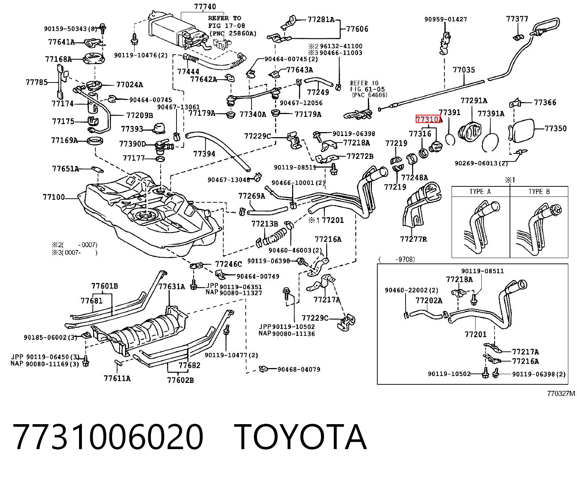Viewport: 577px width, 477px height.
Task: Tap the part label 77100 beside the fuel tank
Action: (x=54, y=197)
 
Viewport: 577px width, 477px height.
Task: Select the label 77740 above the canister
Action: (x=205, y=7)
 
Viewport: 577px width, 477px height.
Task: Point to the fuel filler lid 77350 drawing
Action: (x=522, y=131)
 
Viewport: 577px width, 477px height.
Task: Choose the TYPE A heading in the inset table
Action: (x=480, y=191)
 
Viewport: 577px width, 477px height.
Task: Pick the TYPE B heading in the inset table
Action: (x=539, y=191)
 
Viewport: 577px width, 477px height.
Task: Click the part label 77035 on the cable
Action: (x=464, y=69)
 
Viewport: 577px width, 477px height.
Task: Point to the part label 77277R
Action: (x=414, y=239)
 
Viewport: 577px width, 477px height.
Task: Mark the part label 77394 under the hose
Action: (x=204, y=154)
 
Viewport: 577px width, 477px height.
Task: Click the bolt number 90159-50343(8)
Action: (x=71, y=29)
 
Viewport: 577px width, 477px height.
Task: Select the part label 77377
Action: (x=517, y=19)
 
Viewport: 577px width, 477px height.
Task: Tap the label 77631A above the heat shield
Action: (x=171, y=287)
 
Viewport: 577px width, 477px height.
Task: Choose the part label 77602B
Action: (x=180, y=380)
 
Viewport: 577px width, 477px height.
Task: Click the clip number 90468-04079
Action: (x=299, y=370)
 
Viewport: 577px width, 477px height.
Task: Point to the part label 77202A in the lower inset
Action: (x=429, y=300)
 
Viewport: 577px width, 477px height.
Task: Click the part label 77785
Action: (x=37, y=82)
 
